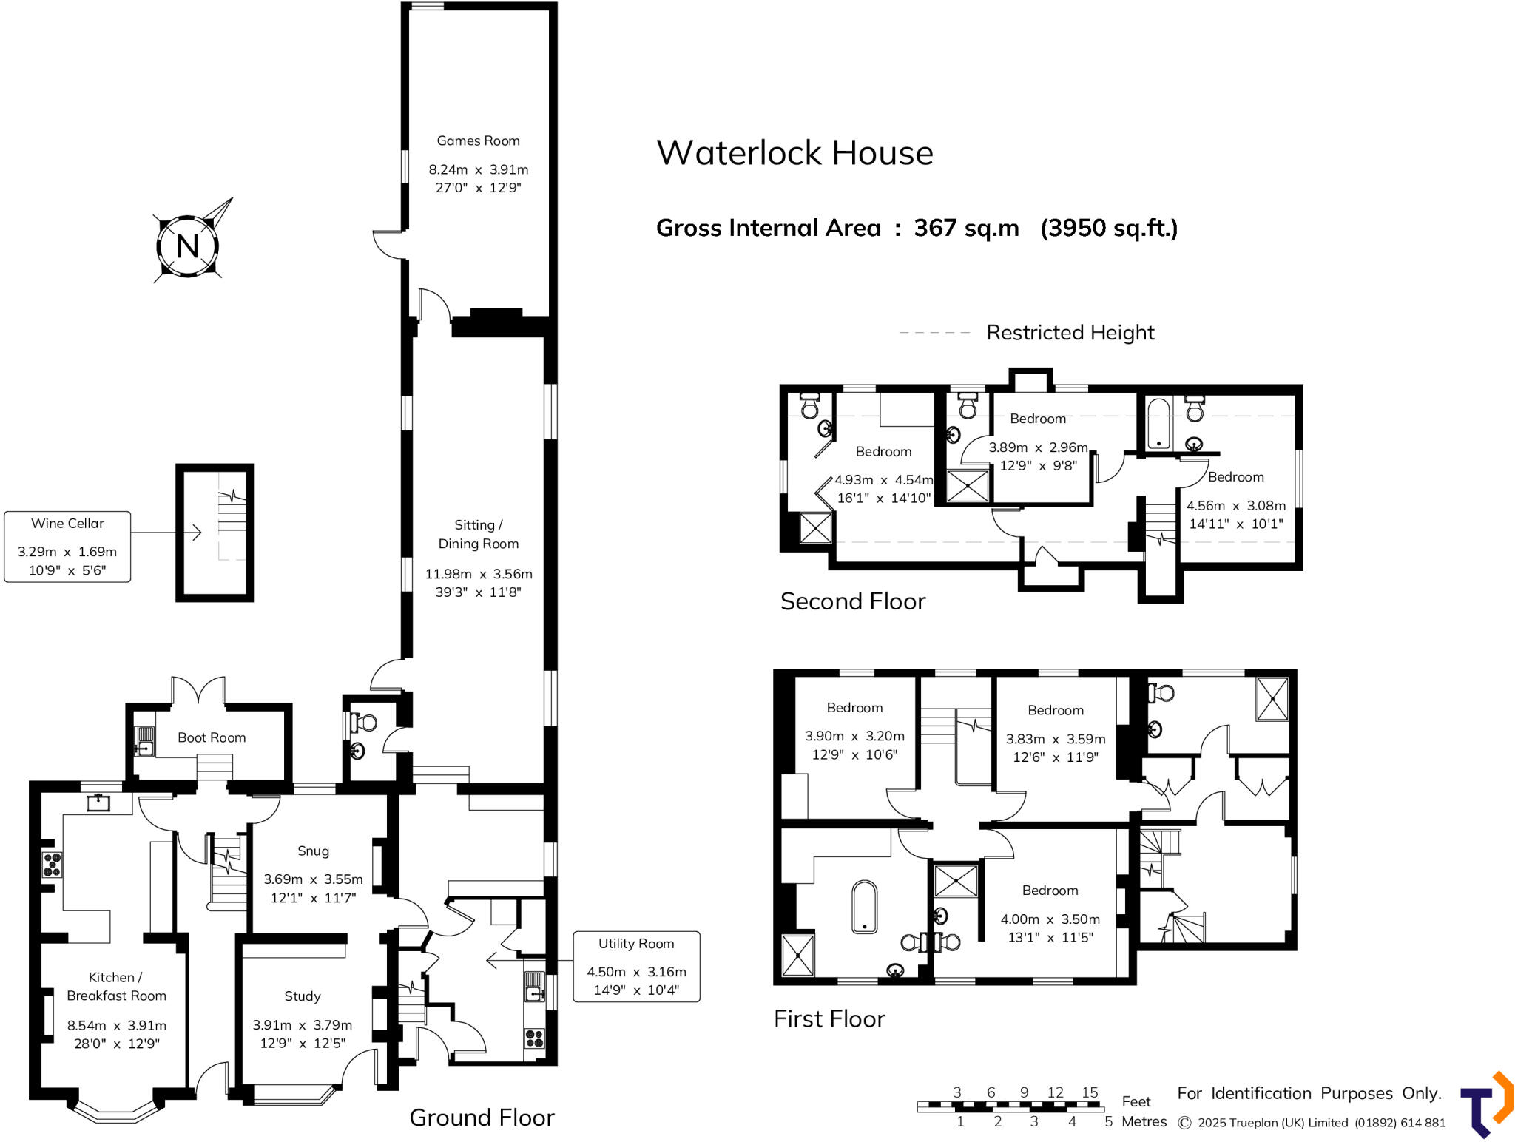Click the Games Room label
478,141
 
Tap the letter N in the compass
187,246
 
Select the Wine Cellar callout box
67,547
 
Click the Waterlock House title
794,153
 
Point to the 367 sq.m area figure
966,228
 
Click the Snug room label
313,851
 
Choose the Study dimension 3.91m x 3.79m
302,1025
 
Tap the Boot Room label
212,737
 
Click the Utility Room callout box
636,967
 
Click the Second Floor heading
852,601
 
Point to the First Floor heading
829,1019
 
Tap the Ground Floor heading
482,1118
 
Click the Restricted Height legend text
1070,333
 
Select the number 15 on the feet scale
1090,1092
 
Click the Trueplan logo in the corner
1486,1104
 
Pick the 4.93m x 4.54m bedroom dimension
883,480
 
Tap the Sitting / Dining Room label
478,534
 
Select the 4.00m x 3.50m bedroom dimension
1050,919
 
